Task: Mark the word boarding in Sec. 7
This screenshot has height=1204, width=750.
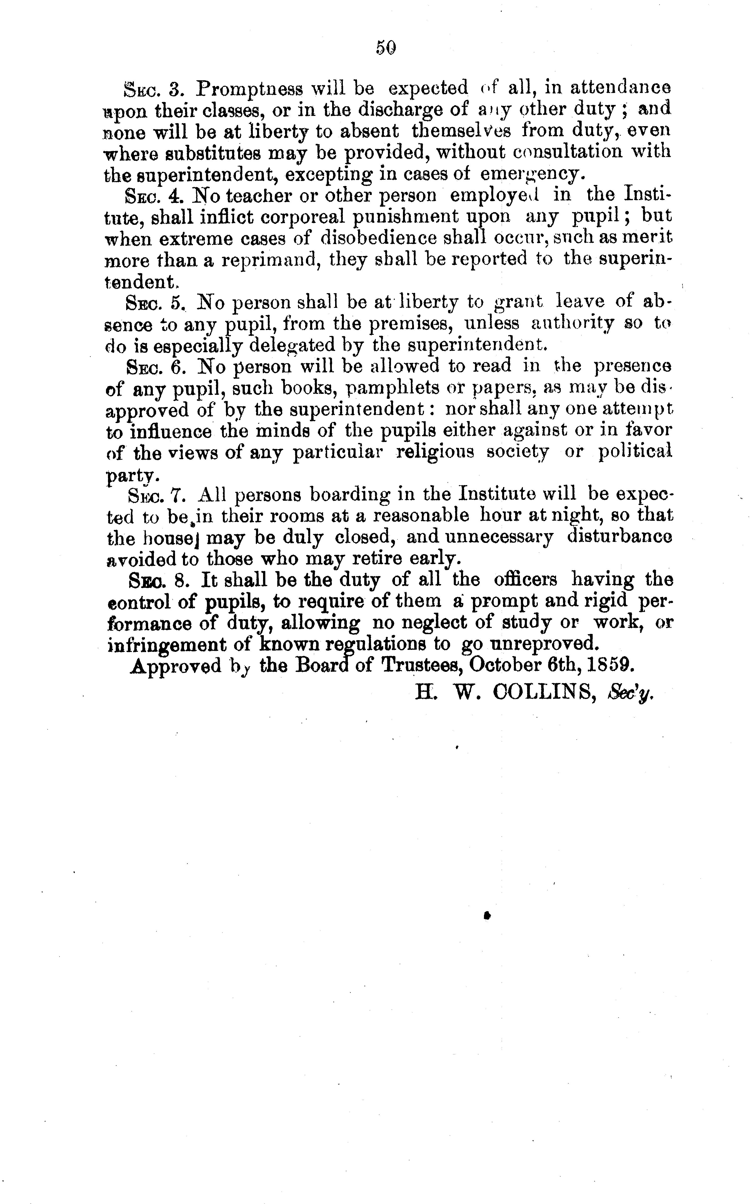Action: [362, 495]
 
